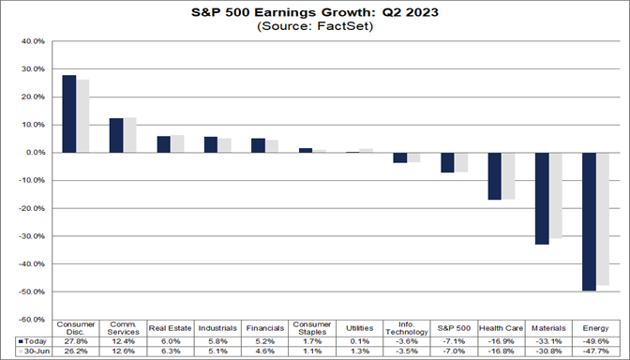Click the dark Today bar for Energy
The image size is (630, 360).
click(589, 221)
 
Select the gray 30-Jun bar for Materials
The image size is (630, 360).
click(555, 195)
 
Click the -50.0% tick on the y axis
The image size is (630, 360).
click(31, 292)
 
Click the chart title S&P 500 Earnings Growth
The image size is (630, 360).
click(314, 12)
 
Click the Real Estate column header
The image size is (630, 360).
click(170, 328)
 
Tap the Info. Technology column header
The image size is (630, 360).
click(406, 328)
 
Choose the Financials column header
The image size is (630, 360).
click(264, 328)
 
